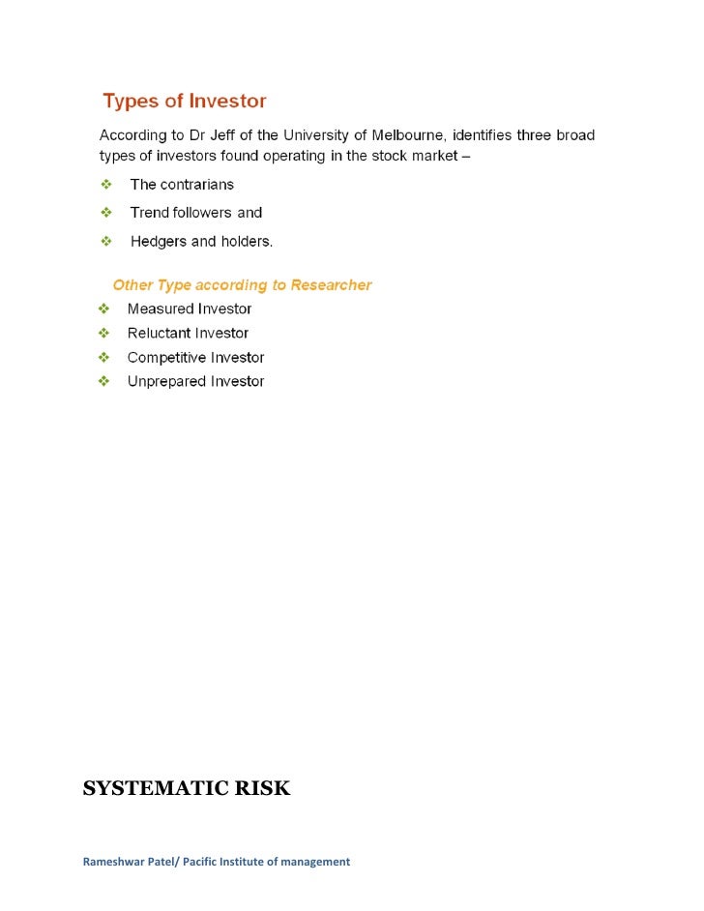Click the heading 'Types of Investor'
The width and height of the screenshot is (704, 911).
[x=185, y=102]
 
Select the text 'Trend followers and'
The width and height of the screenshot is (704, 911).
[x=196, y=213]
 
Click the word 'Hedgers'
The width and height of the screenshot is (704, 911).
[x=160, y=242]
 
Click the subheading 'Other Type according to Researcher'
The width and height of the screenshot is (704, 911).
[x=242, y=285]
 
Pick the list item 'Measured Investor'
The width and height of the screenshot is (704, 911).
[x=190, y=309]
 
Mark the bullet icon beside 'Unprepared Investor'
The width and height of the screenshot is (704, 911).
[x=103, y=382]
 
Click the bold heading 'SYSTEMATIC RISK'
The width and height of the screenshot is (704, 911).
[x=187, y=789]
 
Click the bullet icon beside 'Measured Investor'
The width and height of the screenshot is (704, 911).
[x=103, y=309]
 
